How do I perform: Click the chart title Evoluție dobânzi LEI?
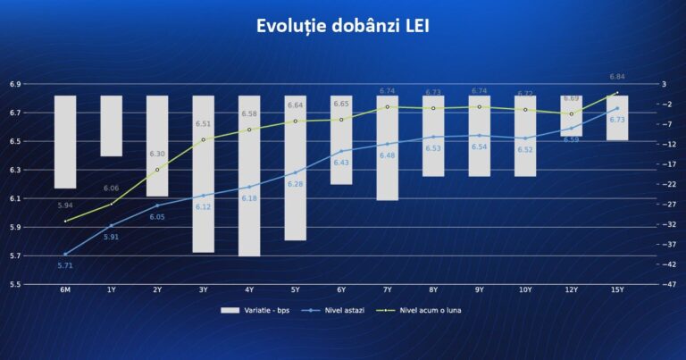point(342,26)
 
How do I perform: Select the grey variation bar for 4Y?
point(249,175)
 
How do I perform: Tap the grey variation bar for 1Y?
point(111,126)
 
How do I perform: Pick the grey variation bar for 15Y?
point(617,118)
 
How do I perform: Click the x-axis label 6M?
point(65,290)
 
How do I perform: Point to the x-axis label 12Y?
point(571,290)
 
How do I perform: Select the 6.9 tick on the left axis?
point(15,84)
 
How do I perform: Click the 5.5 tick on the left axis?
point(15,284)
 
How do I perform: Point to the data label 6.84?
point(617,77)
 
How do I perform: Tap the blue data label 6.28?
point(296,184)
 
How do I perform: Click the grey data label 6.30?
point(156,154)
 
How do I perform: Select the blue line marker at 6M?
point(65,254)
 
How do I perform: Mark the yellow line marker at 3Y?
point(203,139)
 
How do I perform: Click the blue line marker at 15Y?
point(617,108)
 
